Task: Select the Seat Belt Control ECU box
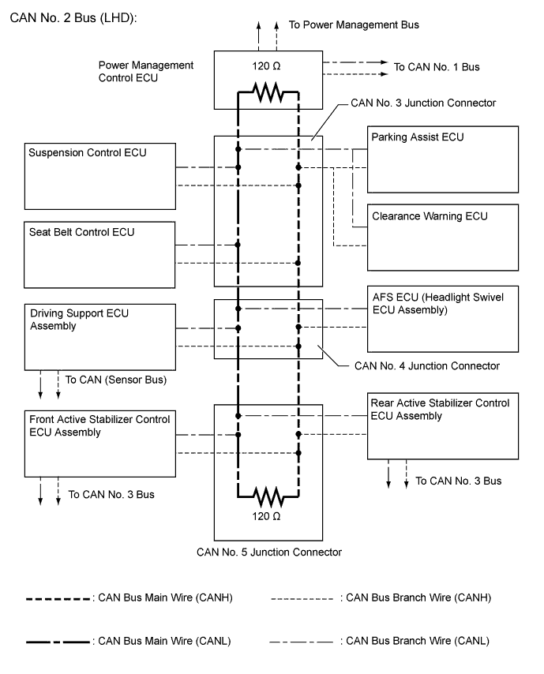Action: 99,253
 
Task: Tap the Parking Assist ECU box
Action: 443,160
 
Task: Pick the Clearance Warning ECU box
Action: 443,237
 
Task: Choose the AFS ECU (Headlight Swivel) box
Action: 443,318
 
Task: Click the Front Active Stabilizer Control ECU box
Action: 99,442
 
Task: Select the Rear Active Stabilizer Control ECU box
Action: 443,425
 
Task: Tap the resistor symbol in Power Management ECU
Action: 268,94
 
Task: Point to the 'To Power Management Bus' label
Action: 354,25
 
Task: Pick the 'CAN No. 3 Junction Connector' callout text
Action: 425,103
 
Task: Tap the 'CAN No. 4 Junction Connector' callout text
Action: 427,365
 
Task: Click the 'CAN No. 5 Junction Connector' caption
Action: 269,552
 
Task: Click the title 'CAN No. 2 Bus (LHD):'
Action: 71,18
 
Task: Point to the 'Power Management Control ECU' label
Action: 146,71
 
